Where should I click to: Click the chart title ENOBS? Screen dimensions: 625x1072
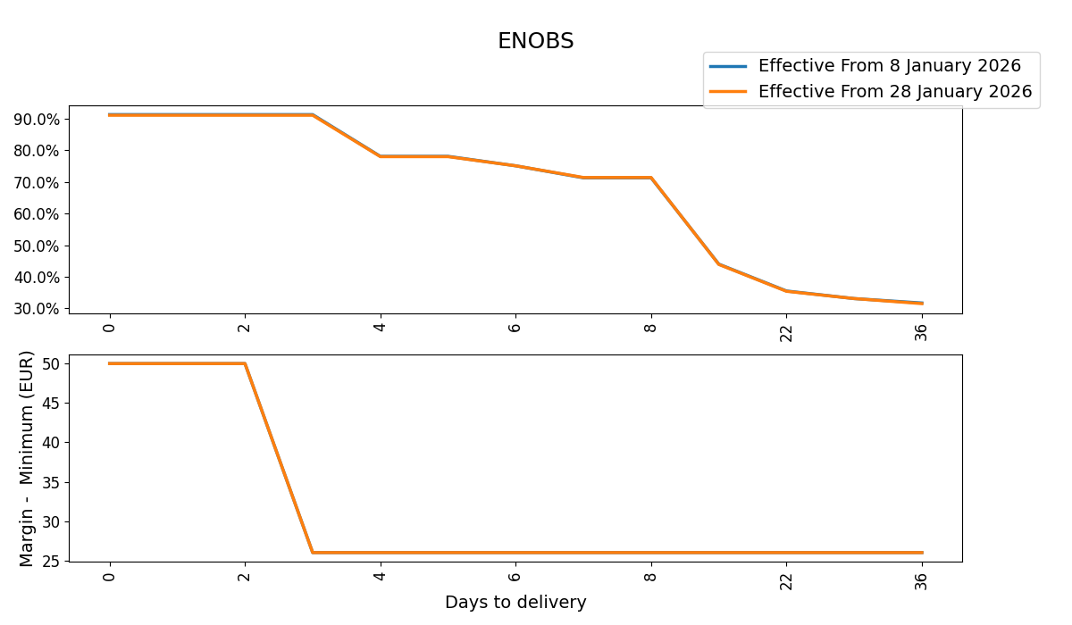pos(535,41)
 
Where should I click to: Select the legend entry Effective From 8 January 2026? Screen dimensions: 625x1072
pos(889,66)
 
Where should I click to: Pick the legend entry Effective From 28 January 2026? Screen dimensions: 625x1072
pos(894,92)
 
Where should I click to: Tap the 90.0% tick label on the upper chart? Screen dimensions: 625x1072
pos(37,120)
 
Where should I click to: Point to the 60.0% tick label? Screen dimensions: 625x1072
pos(37,214)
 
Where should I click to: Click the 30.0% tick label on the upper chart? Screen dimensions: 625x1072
pos(37,309)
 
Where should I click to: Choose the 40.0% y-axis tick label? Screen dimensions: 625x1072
pos(37,278)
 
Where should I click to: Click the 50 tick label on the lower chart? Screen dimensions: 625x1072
pos(50,363)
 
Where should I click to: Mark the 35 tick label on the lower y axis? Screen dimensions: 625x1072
pos(50,482)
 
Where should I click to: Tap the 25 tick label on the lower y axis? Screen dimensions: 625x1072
pos(50,562)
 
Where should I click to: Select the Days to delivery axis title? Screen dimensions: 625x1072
pos(515,603)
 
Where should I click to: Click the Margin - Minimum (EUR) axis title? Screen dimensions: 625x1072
pos(27,458)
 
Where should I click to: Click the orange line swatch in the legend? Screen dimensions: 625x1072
pos(727,92)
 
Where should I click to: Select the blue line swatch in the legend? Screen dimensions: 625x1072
pos(727,66)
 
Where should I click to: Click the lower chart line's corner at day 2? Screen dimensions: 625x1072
pos(245,363)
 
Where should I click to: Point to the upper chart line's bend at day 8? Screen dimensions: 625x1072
pos(651,178)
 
